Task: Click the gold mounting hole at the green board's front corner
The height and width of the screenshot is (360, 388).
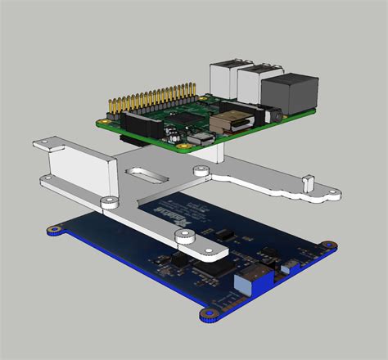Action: click(x=197, y=147)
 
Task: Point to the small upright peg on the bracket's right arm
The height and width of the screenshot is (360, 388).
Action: click(x=309, y=179)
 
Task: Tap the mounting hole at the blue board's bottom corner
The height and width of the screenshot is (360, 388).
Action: click(x=205, y=313)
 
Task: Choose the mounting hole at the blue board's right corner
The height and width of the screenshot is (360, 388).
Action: click(x=328, y=245)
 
